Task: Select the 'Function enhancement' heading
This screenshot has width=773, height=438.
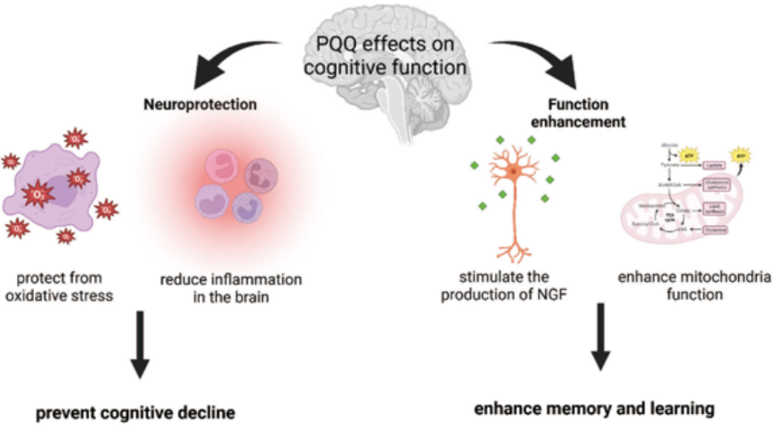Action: (x=578, y=113)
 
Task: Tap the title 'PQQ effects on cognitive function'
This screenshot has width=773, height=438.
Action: (x=385, y=57)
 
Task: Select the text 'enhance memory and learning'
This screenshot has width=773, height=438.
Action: (x=594, y=408)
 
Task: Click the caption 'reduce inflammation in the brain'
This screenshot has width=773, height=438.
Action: (x=230, y=285)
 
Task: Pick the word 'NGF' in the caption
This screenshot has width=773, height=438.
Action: (x=540, y=295)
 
